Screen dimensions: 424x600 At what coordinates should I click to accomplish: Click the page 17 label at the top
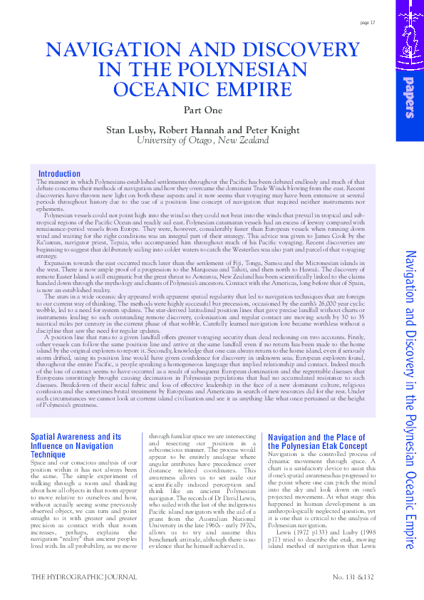368,23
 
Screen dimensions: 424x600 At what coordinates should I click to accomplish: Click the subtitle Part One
203,110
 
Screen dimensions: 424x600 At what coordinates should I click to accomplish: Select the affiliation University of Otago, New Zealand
203,140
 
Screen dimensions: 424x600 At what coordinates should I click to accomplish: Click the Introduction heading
59,174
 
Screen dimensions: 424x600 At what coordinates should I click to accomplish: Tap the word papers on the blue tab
409,100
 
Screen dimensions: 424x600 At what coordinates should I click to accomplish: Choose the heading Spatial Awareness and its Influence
76,436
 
